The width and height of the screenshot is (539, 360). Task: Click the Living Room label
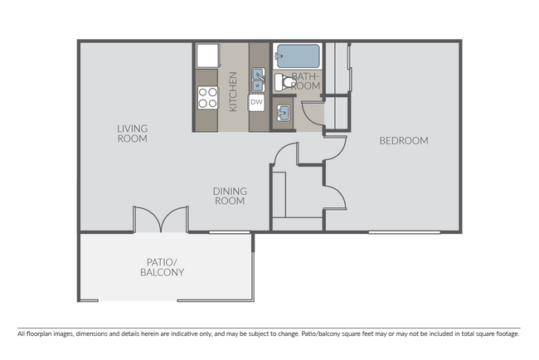point(132,134)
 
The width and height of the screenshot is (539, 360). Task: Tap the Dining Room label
point(231,197)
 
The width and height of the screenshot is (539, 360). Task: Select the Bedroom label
point(404,141)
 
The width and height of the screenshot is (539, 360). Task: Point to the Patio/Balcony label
point(162,267)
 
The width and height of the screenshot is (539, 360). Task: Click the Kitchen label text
point(234,91)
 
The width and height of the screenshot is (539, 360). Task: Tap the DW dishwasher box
point(257,102)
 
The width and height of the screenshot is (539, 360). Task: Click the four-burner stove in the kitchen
point(207,98)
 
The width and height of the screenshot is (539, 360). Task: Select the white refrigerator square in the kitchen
point(207,56)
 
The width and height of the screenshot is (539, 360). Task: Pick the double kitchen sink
point(258,80)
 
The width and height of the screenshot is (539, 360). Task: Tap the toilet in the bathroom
point(282,82)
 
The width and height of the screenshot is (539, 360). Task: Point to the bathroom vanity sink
point(283,114)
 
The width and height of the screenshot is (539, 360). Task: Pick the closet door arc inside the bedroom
point(333,197)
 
